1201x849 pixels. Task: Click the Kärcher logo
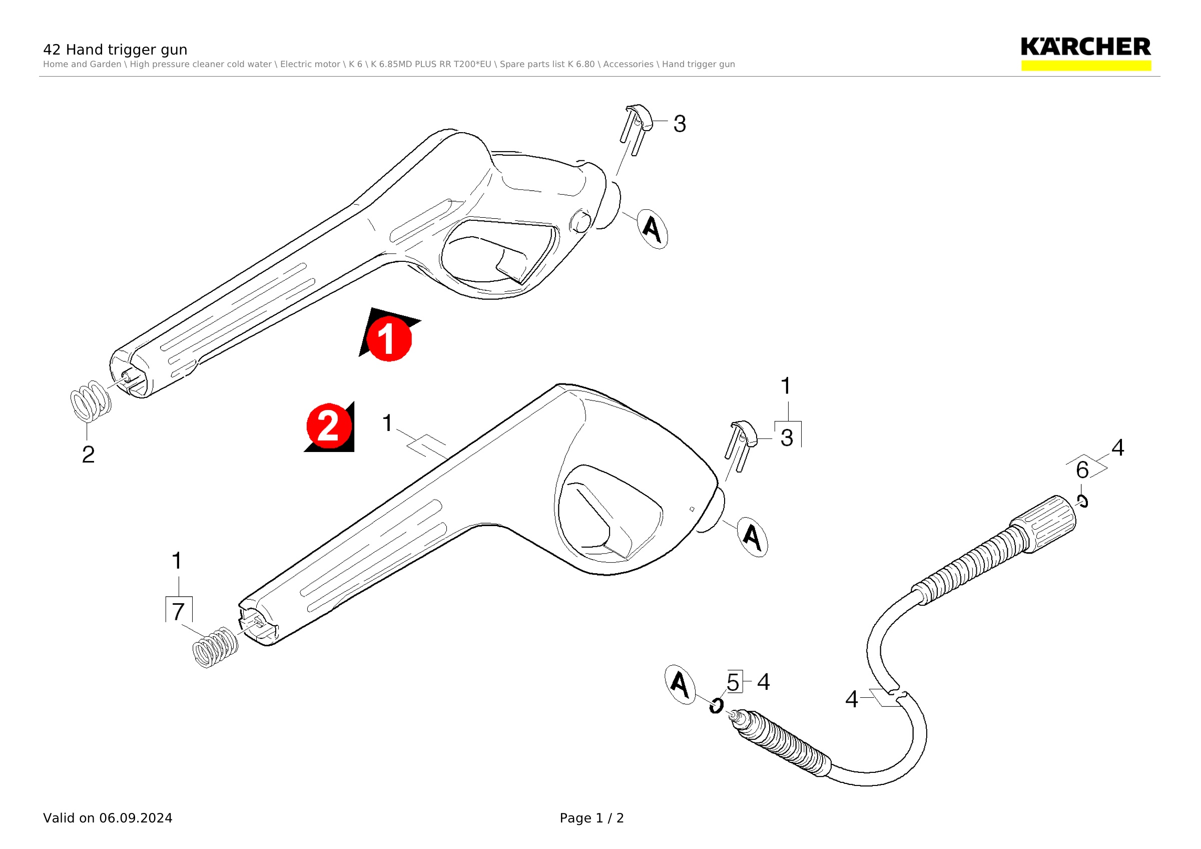pos(1085,47)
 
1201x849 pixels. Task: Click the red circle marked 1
pos(389,338)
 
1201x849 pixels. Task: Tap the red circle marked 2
pos(328,426)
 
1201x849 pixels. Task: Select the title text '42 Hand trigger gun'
pos(115,50)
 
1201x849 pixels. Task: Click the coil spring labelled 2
pos(91,400)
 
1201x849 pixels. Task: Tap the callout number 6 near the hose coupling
pos(1082,470)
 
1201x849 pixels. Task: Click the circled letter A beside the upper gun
pos(652,229)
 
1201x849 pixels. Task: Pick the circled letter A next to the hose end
pos(680,684)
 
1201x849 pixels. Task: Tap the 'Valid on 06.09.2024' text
pos(108,818)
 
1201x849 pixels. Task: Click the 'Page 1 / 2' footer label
pos(591,818)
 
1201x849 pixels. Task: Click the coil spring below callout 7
pos(216,648)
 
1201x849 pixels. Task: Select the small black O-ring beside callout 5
pos(716,706)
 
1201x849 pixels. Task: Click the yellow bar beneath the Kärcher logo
pos(1086,66)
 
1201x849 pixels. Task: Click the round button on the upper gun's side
pos(580,222)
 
